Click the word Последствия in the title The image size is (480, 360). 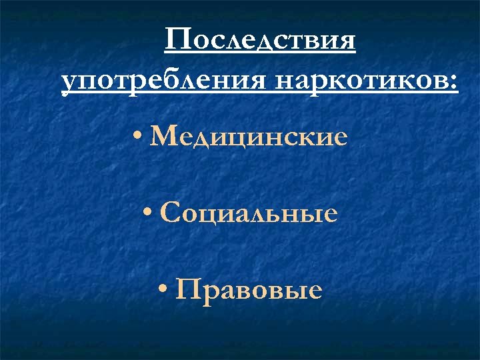[x=260, y=41]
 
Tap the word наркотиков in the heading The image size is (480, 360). [x=361, y=83]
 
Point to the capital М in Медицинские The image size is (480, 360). [x=165, y=137]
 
